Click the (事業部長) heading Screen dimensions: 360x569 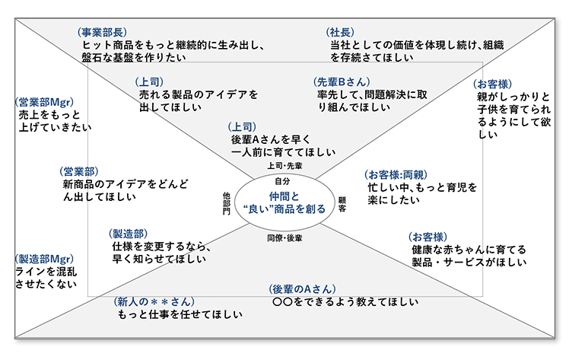pyautogui.click(x=102, y=32)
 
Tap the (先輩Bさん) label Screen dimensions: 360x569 pyautogui.click(x=341, y=81)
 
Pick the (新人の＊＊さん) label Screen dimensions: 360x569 pyautogui.click(x=154, y=301)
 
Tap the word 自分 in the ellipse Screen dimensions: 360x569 pyautogui.click(x=282, y=182)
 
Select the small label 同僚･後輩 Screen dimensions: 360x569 pyautogui.click(x=284, y=238)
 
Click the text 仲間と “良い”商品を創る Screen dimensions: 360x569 pyautogui.click(x=284, y=203)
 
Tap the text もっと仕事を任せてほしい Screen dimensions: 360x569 pyautogui.click(x=180, y=314)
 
